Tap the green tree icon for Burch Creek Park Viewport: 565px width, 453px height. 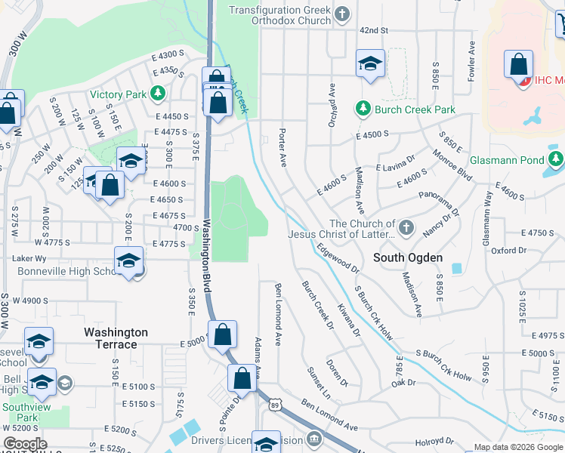pos(363,109)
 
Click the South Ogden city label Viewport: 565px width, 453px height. pos(408,257)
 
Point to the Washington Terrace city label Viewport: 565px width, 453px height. pos(116,338)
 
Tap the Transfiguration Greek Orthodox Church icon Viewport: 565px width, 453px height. pos(342,14)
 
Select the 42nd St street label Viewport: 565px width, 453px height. pos(373,30)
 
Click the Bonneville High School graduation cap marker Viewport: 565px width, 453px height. pos(129,261)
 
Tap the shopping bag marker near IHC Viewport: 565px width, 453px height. pos(519,66)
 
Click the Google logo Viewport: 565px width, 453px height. pos(25,444)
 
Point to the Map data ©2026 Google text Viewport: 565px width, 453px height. pos(517,447)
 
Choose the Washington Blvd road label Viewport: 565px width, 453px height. pos(205,257)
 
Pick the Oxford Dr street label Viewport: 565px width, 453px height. pos(508,250)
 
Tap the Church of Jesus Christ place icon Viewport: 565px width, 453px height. pos(406,227)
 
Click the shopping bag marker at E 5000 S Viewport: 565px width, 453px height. pos(223,335)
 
